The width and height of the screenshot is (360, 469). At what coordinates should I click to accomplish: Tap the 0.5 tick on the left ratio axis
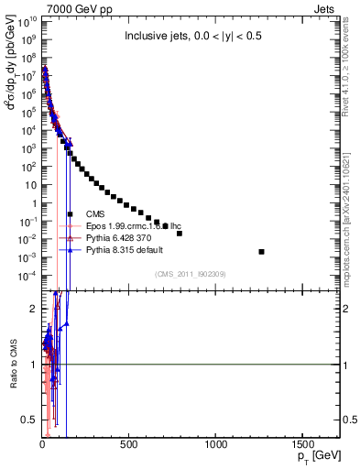point(27,420)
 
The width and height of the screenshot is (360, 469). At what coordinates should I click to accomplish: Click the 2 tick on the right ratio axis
point(346,310)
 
